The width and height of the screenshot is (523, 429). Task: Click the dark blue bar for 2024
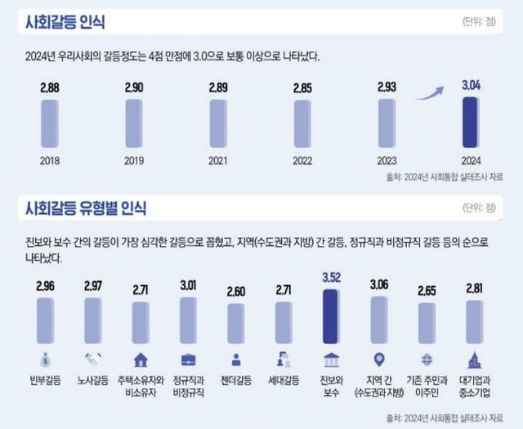pyautogui.click(x=468, y=124)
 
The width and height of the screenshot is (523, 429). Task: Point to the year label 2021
pyautogui.click(x=217, y=161)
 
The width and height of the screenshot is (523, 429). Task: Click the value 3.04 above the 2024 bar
pyautogui.click(x=469, y=85)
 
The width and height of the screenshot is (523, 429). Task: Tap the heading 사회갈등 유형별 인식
pyautogui.click(x=87, y=209)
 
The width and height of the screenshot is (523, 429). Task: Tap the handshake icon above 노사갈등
pyautogui.click(x=92, y=359)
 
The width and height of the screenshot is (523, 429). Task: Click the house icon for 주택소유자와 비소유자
pyautogui.click(x=140, y=359)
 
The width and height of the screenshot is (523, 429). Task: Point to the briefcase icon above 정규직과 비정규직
pyautogui.click(x=187, y=359)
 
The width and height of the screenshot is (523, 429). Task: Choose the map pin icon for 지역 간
pyautogui.click(x=378, y=359)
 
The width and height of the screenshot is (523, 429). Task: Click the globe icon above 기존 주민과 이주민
pyautogui.click(x=426, y=359)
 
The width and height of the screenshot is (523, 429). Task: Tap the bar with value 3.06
pyautogui.click(x=378, y=322)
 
